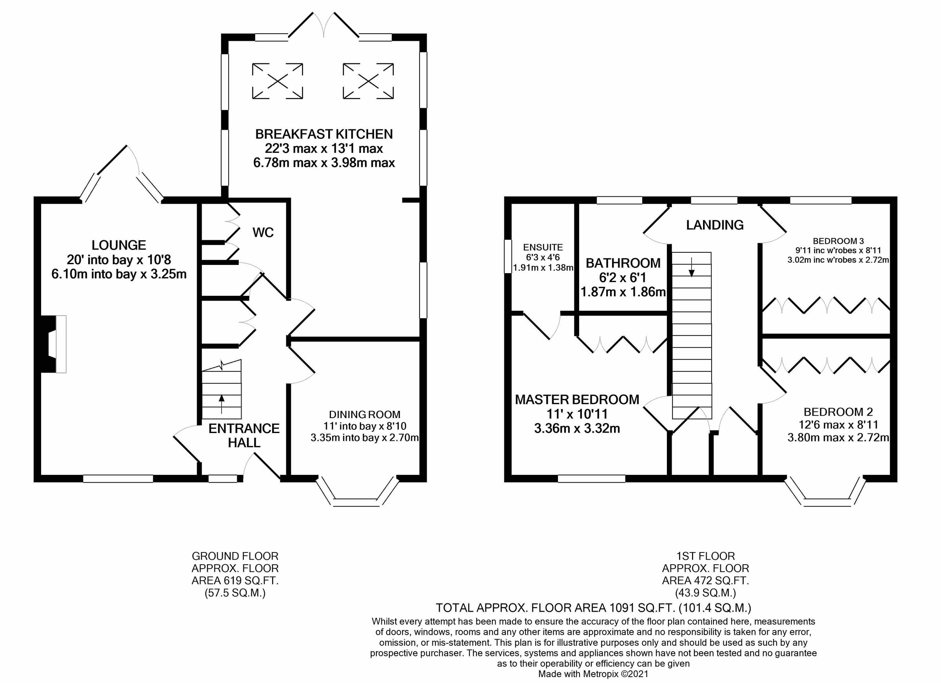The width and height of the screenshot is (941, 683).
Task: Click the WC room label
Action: point(263,233)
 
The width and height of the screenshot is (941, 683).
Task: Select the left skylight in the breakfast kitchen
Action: point(278,81)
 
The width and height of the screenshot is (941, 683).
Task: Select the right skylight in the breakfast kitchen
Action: point(368,81)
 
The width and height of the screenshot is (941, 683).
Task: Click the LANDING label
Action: point(714,225)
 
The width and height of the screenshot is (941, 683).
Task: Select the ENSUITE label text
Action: point(543,248)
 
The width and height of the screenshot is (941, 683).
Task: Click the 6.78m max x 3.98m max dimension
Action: point(324,163)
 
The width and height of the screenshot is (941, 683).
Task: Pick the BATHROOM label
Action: point(623,263)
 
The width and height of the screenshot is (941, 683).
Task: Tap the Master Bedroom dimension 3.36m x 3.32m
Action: point(577,428)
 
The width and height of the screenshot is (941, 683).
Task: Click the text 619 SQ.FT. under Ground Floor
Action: point(235,581)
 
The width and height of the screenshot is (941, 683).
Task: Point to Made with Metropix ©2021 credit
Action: point(593,674)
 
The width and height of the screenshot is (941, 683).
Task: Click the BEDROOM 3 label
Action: point(838,241)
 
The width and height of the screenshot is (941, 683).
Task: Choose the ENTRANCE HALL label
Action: point(244,435)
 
